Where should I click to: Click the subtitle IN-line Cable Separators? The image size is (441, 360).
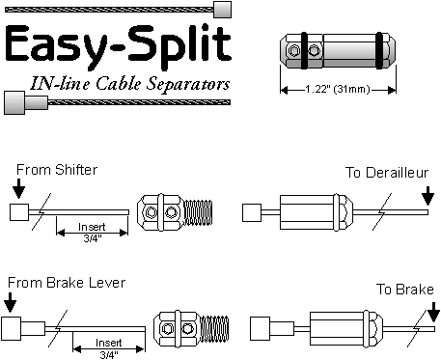coord(130,84)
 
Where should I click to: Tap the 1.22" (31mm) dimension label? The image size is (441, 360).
coord(338,89)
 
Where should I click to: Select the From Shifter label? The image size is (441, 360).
coord(57,170)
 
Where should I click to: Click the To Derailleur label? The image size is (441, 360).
coord(387,173)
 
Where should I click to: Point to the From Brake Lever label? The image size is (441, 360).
coord(67,283)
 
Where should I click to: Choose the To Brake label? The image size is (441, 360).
coord(405,290)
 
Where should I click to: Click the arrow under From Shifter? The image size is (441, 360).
coord(19,189)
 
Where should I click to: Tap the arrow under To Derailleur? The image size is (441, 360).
coord(427,196)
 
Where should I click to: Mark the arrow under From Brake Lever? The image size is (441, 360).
coord(11,302)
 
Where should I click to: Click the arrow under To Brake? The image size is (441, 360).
coord(434,311)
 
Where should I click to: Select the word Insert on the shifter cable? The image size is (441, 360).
coord(92,227)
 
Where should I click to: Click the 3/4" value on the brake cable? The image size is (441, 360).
coord(109,355)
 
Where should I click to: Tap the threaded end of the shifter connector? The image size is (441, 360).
coord(200,212)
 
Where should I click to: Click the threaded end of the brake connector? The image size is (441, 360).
coord(215,328)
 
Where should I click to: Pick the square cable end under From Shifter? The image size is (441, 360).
coord(19,212)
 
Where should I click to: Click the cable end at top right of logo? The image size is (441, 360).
coord(222,10)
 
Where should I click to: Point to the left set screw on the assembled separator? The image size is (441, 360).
coord(293,50)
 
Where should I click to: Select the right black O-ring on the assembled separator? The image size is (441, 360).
coord(380,50)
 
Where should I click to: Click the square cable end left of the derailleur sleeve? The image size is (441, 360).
coord(252,212)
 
